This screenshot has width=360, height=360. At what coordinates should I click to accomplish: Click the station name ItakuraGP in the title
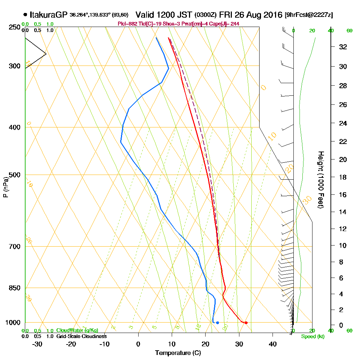tap(48, 15)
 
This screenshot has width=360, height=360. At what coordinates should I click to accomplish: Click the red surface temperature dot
tap(246, 323)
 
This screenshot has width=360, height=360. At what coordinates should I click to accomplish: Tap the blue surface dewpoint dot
tap(217, 323)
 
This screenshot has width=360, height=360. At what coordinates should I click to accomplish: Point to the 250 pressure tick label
tap(14, 27)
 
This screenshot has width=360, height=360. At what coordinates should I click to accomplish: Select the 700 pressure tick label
tap(14, 247)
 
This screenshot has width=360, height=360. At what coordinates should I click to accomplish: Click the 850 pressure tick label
tap(14, 288)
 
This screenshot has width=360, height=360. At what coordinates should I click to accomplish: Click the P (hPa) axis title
tap(5, 187)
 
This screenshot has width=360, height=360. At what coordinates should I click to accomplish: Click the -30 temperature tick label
tap(37, 344)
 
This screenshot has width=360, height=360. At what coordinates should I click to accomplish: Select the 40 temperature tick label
tap(273, 344)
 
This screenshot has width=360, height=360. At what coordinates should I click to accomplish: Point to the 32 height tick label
tap(343, 46)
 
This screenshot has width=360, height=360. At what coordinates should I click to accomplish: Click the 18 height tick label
tap(343, 177)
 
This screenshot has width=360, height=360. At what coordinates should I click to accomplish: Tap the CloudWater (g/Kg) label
tap(77, 330)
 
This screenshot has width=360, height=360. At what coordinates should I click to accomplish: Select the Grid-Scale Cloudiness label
tap(81, 336)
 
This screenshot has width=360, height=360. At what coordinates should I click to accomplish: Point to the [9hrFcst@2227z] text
tap(309, 15)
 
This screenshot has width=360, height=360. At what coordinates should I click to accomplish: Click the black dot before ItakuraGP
tap(25, 15)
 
